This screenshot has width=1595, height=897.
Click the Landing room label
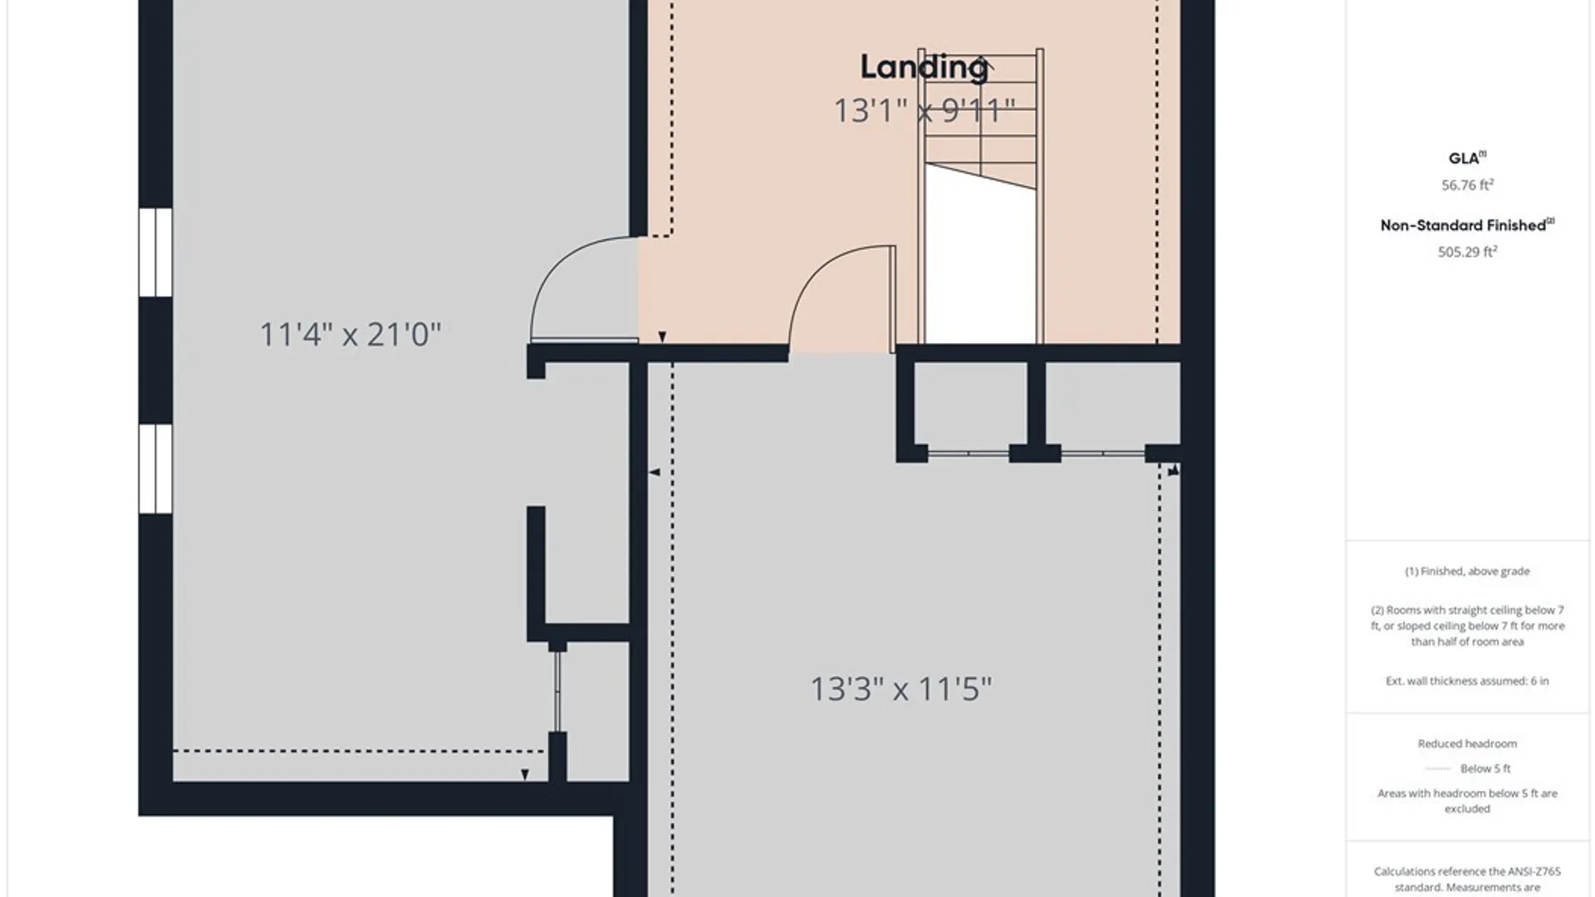[x=924, y=67]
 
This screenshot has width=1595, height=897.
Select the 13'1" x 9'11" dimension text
[x=925, y=110]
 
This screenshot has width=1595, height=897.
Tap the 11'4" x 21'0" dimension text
[x=351, y=334]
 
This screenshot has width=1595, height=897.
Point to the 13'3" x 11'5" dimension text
[x=901, y=689]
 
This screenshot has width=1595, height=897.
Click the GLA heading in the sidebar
[x=1464, y=159]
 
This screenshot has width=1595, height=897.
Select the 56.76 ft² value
[x=1467, y=185]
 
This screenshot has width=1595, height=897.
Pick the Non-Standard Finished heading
[x=1467, y=225]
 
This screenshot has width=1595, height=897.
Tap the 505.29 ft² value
[x=1467, y=252]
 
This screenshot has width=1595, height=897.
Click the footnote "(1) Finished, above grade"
[x=1467, y=571]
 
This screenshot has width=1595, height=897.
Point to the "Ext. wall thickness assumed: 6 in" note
[x=1467, y=681]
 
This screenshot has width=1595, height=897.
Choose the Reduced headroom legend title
[x=1467, y=744]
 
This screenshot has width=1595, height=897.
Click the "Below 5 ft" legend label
[x=1485, y=769]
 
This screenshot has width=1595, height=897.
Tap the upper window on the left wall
[x=155, y=252]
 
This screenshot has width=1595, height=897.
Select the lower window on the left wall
[x=155, y=469]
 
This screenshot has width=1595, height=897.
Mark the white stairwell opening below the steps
[x=980, y=257]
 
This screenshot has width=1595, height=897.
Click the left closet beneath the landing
[x=970, y=407]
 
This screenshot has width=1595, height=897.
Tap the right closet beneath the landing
[x=1112, y=407]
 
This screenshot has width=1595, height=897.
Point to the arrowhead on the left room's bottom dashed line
[x=525, y=775]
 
